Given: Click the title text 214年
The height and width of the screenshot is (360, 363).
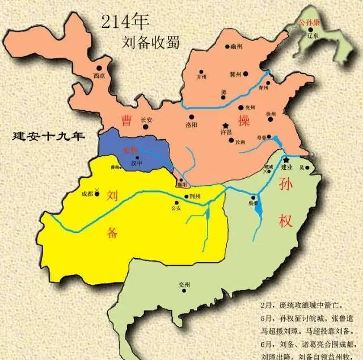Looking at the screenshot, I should coord(124,21).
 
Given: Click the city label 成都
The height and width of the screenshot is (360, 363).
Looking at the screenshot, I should coord(87,194).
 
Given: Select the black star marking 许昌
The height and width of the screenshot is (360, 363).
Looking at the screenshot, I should coord(226,124).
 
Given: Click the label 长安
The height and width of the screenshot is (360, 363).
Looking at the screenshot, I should coord(146,120).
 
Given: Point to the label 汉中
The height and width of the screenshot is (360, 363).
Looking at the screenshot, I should coord(137,164).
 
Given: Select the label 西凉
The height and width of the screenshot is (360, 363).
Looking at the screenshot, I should coord(99,75).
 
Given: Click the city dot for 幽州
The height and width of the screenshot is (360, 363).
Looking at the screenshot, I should coord(227,47).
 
